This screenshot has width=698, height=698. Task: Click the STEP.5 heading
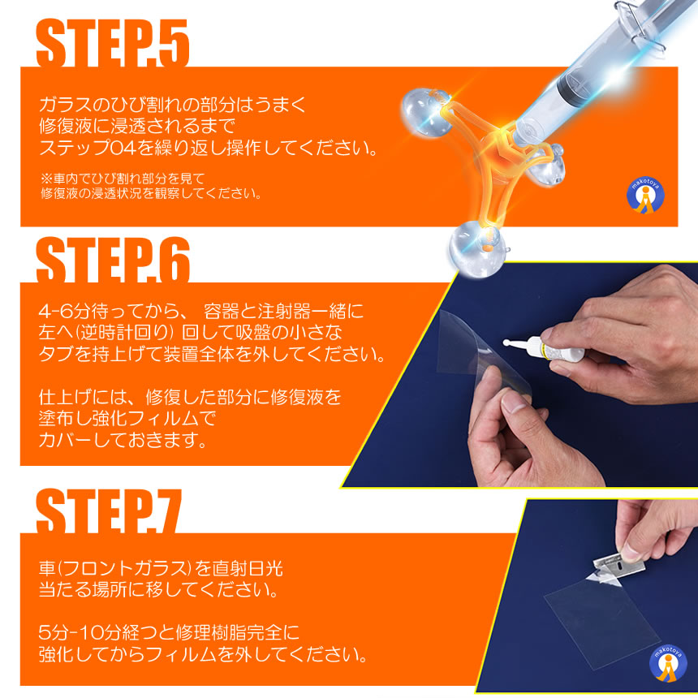point(113,43)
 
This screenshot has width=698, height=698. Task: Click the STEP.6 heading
point(113,260)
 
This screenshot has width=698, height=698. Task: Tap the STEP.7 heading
point(109,511)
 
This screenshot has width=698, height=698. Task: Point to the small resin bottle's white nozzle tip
point(506,343)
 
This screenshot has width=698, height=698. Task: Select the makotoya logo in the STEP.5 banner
point(645,196)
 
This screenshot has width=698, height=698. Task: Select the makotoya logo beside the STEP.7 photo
point(668,664)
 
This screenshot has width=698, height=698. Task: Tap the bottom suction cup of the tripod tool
point(476,248)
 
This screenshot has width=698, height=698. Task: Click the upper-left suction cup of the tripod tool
point(425,111)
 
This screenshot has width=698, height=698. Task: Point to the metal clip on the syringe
point(639,24)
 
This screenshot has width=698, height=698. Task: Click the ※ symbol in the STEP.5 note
point(46,179)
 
